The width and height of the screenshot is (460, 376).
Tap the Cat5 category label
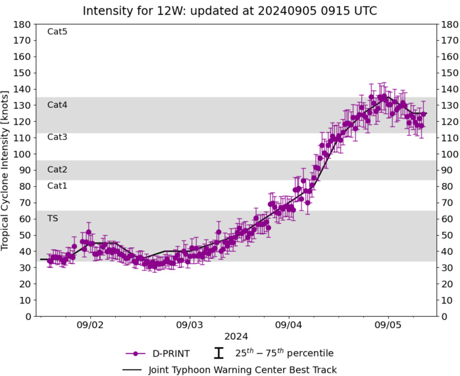tap(57, 32)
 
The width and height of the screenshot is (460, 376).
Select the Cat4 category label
tap(57, 105)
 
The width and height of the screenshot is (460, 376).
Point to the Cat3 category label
tap(57, 137)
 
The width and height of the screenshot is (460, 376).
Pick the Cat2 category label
tap(57, 169)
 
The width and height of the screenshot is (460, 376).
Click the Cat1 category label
tap(57, 186)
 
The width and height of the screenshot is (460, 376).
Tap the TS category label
tap(52, 218)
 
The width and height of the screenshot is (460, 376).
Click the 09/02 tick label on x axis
tap(89, 325)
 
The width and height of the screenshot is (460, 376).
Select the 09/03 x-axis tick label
tap(189, 325)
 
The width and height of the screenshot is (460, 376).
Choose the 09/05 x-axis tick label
tap(388, 325)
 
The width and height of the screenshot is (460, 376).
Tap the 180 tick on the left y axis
tap(24, 24)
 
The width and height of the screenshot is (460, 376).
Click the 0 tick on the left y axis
tap(29, 316)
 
